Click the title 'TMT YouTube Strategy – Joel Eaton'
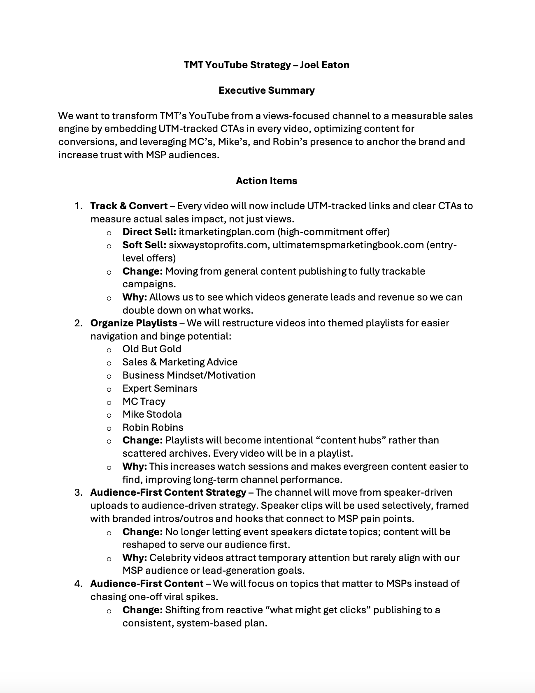(266, 65)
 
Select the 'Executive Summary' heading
(266, 90)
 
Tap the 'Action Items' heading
(266, 181)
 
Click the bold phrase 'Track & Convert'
(129, 206)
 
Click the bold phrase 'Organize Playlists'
(134, 323)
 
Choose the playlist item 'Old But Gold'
(151, 349)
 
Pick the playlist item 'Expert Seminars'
(160, 388)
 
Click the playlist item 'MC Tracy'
(144, 402)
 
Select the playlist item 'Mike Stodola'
(152, 414)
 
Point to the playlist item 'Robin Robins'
(153, 427)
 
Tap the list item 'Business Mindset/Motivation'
(189, 375)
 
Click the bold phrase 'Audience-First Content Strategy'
(168, 492)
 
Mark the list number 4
(78, 584)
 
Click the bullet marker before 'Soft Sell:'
(109, 246)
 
